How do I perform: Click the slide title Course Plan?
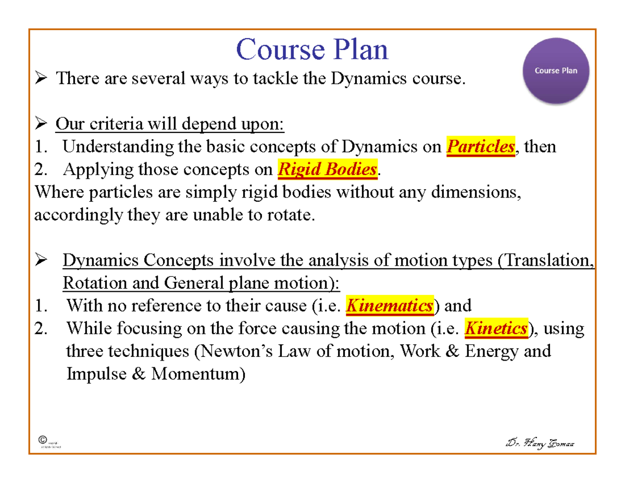312,51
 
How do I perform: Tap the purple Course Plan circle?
556,71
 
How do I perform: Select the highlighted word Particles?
481,147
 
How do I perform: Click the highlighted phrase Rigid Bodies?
327,169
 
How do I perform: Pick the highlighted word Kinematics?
389,306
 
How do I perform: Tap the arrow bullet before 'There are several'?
42,79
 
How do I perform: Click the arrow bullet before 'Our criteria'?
42,125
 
